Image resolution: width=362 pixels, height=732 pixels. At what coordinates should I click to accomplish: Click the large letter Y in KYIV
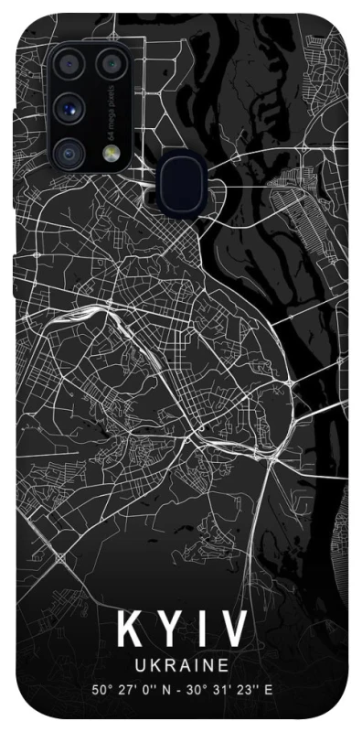(170, 632)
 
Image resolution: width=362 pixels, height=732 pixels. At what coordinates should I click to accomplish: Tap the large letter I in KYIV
(204, 632)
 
